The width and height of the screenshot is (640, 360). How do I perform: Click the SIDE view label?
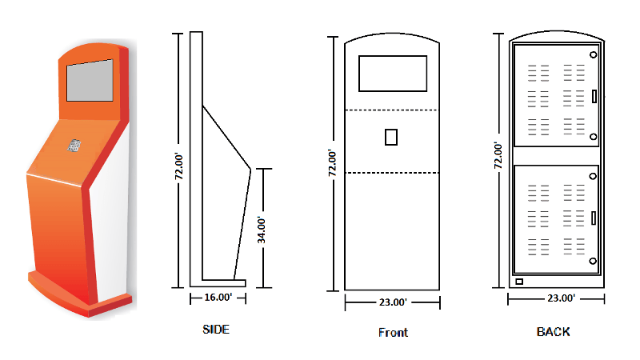click(x=216, y=330)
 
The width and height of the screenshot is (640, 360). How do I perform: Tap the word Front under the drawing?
click(x=393, y=333)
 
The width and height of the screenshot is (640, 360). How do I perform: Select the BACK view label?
click(x=553, y=332)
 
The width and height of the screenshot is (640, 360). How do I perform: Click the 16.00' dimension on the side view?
click(x=218, y=298)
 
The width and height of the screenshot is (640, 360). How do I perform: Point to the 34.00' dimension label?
click(x=262, y=230)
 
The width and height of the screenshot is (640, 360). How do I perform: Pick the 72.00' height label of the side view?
click(x=178, y=166)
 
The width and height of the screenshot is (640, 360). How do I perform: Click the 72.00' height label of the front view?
click(x=332, y=163)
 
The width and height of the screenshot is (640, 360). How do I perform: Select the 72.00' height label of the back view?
click(x=498, y=155)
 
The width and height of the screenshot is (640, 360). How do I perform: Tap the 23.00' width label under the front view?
click(x=393, y=302)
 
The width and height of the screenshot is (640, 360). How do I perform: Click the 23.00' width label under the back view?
click(x=562, y=298)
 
